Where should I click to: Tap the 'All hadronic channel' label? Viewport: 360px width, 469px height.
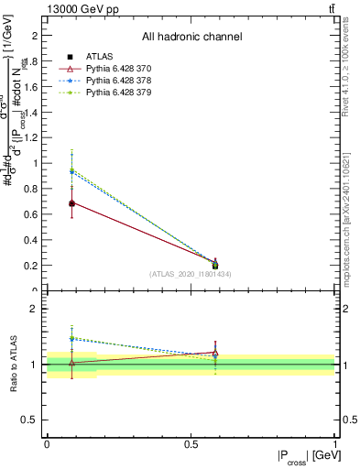(191, 37)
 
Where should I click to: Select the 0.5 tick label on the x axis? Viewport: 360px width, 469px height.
(191, 443)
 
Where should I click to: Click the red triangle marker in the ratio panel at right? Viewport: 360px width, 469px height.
(215, 353)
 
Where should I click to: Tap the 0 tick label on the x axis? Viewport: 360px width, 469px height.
(47, 443)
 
